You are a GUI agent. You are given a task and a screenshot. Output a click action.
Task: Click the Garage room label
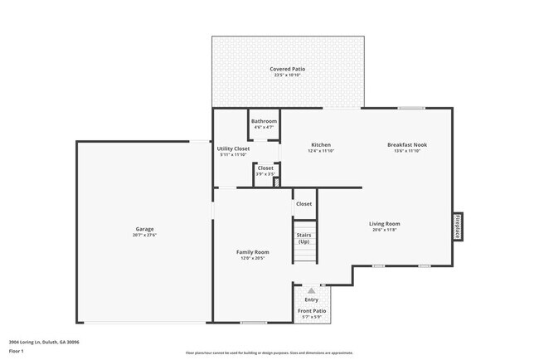(x=145, y=229)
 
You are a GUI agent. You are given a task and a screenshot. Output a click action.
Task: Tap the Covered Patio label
(x=287, y=68)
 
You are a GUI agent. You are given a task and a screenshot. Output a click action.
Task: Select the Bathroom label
(x=265, y=121)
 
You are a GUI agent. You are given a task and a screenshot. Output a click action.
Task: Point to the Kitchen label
(x=321, y=144)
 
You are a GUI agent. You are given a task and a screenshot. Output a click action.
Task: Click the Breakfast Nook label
(x=407, y=144)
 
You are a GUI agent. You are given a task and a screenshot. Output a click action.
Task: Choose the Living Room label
(x=385, y=223)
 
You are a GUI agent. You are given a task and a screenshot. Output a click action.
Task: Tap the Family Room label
(x=254, y=251)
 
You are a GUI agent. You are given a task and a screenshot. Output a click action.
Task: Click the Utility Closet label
(x=233, y=148)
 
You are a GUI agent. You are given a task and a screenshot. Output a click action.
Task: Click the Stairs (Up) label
(x=304, y=238)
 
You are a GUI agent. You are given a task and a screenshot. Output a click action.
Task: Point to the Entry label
(x=311, y=299)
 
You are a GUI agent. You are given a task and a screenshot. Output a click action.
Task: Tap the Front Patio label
(x=312, y=311)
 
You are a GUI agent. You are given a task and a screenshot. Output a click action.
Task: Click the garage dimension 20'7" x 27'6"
(x=145, y=236)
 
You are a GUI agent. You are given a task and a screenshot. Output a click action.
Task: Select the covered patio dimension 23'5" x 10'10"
(x=287, y=75)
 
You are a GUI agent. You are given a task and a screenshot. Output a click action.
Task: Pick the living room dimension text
(x=385, y=230)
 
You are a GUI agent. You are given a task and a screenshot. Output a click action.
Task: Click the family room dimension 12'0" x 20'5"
(x=254, y=258)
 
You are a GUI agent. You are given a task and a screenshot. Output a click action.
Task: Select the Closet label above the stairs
(x=304, y=203)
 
